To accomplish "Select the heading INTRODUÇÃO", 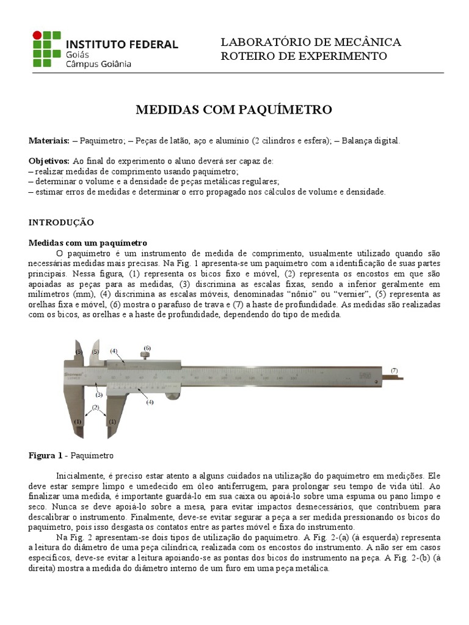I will pyautogui.click(x=61, y=223).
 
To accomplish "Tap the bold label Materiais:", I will pyautogui.click(x=49, y=141).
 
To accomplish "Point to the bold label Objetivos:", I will pyautogui.click(x=49, y=161).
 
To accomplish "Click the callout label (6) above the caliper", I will pyautogui.click(x=147, y=348).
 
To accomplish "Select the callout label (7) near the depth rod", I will pyautogui.click(x=394, y=370).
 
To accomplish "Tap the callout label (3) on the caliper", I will pyautogui.click(x=98, y=395).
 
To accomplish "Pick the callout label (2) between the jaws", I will pyautogui.click(x=95, y=406).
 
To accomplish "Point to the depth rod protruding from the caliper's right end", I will pyautogui.click(x=394, y=378).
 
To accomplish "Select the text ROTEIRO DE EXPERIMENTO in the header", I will pyautogui.click(x=304, y=56).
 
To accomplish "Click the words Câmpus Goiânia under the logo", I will pyautogui.click(x=97, y=63).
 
